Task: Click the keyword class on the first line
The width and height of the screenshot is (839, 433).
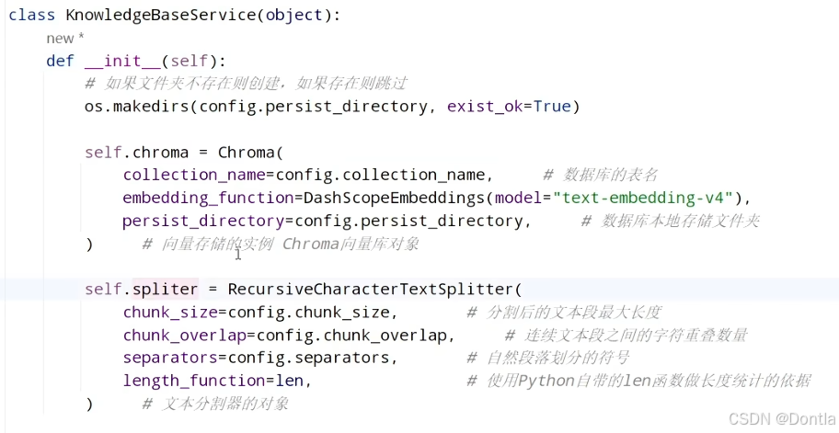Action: [x=32, y=16]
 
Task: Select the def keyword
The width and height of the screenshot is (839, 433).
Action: [x=61, y=61]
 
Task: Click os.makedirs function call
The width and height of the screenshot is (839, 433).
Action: [x=138, y=106]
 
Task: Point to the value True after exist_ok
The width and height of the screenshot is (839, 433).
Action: [x=552, y=106]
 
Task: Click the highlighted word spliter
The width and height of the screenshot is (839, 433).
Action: [x=166, y=289]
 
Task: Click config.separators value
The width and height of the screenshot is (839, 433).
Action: [x=327, y=358]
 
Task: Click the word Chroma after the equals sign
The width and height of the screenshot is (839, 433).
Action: [x=247, y=152]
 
